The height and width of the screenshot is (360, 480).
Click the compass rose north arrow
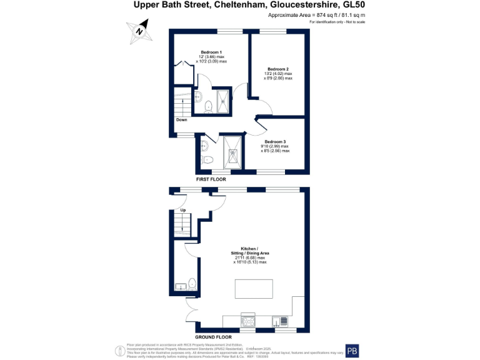click(x=141, y=31)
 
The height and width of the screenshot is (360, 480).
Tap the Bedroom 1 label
click(x=211, y=52)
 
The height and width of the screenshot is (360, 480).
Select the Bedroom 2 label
click(x=277, y=69)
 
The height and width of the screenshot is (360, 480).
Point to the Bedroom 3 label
click(x=275, y=142)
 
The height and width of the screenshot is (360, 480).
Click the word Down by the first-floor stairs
click(x=181, y=120)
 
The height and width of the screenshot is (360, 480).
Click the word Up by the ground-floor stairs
click(x=183, y=210)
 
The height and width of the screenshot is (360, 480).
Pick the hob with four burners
click(x=248, y=321)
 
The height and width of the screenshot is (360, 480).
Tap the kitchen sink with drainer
click(x=279, y=321)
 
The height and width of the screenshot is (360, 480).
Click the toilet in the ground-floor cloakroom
click(x=192, y=284)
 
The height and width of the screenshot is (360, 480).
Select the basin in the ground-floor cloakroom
click(x=180, y=287)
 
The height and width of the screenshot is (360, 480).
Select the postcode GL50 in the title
click(x=355, y=6)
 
